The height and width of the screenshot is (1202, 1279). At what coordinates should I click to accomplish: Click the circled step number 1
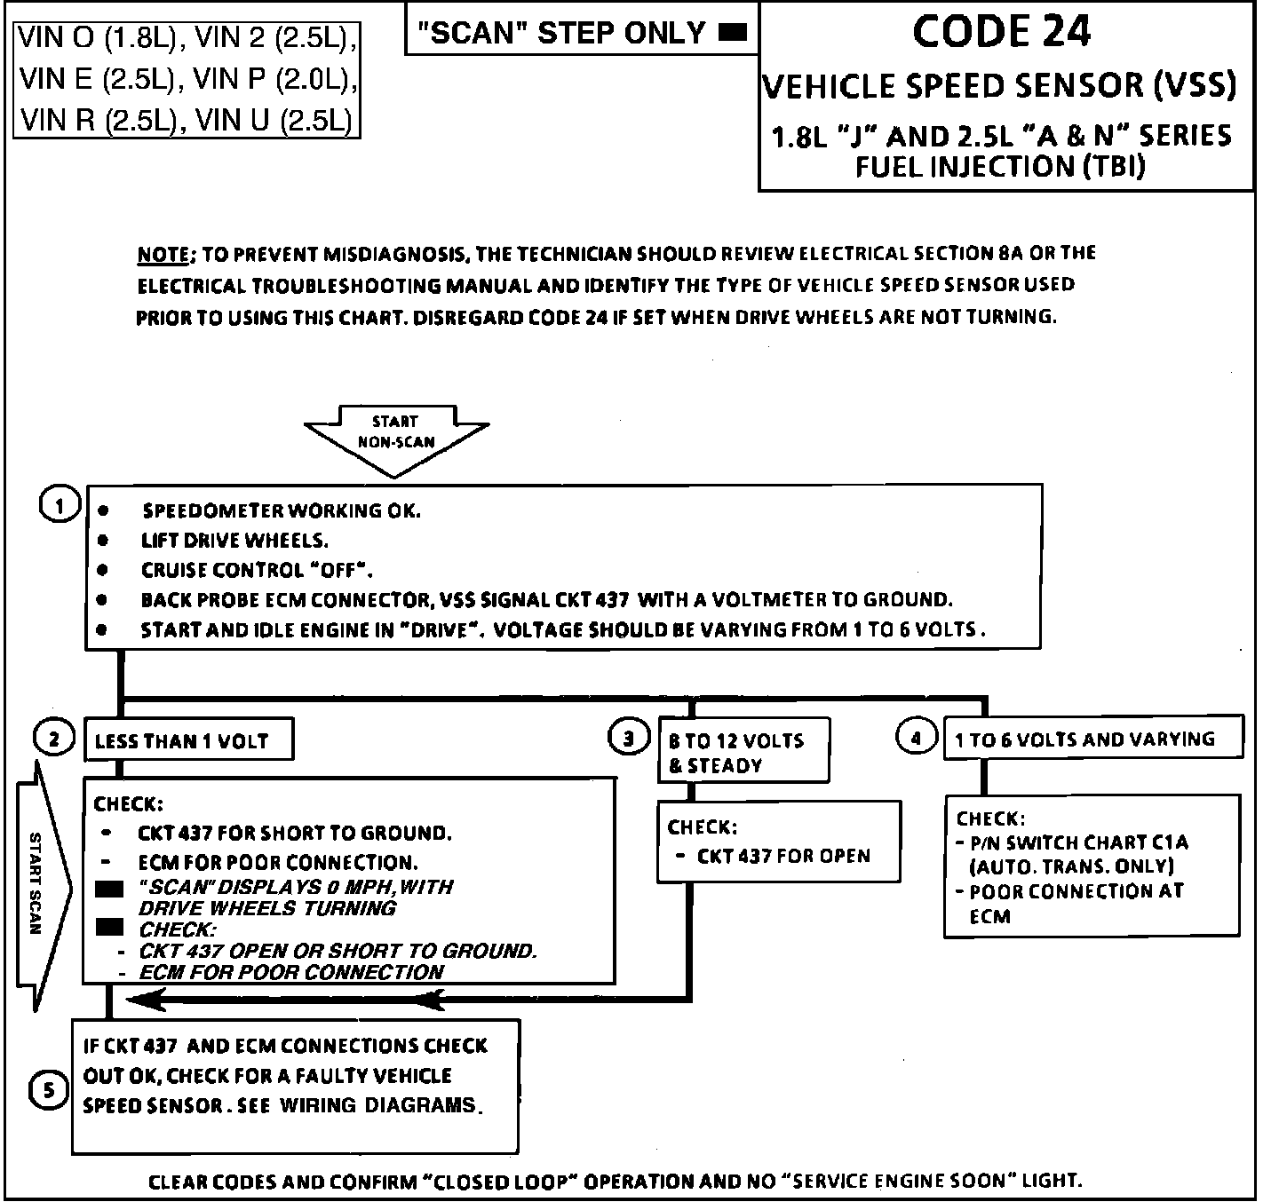click(x=59, y=506)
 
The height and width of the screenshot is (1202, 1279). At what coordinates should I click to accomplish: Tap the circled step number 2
click(x=55, y=739)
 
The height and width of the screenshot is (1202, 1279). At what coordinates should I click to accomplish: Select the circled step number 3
click(x=629, y=738)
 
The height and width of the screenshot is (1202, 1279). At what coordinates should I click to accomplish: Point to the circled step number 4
click(x=916, y=737)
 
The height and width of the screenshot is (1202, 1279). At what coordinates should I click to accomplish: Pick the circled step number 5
click(x=48, y=1091)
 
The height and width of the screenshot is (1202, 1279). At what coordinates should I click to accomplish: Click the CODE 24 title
click(x=1001, y=33)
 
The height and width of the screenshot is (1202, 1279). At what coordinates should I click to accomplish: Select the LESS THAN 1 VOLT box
click(x=188, y=740)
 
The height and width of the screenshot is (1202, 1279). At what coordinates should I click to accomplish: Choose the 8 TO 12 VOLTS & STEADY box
click(x=743, y=752)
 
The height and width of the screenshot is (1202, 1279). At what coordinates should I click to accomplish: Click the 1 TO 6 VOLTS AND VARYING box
click(x=1092, y=739)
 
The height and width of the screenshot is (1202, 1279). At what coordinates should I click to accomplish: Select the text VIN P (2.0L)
click(x=274, y=79)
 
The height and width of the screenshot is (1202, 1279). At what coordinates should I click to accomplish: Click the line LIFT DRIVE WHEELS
click(x=234, y=541)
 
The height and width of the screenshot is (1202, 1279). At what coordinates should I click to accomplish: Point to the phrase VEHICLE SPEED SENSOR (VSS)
click(x=999, y=86)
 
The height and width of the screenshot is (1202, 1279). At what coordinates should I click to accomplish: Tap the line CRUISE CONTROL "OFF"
click(x=257, y=570)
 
